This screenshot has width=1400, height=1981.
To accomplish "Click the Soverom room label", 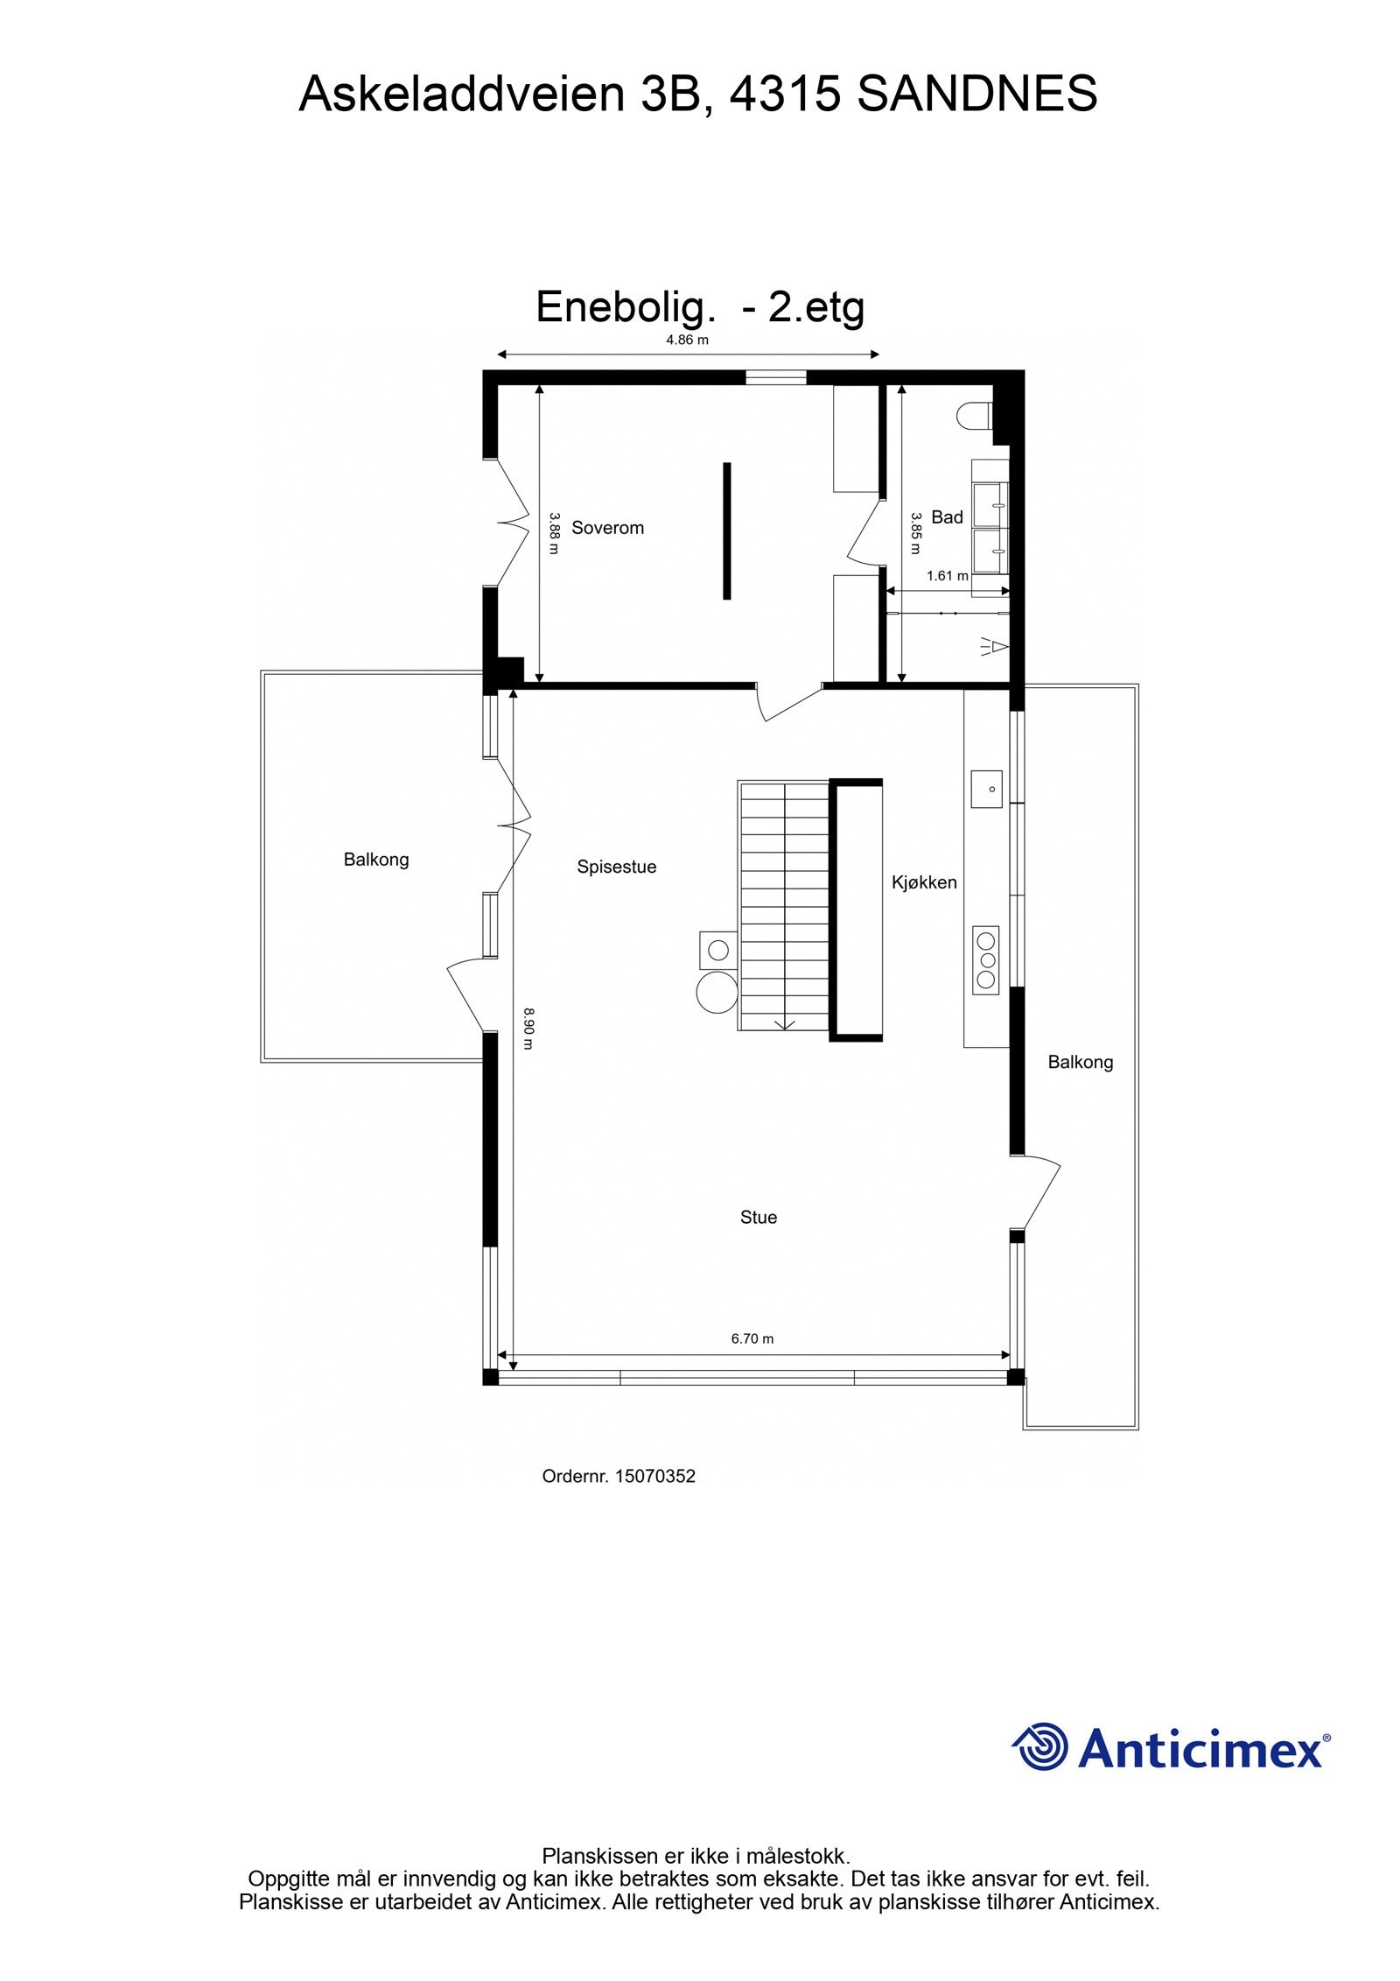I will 607,528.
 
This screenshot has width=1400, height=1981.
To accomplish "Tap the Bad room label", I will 947,517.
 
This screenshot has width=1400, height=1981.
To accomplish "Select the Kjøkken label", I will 924,882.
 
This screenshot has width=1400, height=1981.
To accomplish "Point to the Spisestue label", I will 616,867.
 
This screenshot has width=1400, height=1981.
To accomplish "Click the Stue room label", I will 758,1217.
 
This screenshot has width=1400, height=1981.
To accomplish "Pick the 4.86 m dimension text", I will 687,341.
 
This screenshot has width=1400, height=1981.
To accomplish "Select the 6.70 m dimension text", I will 752,1338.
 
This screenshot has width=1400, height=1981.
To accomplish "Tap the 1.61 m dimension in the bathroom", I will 947,576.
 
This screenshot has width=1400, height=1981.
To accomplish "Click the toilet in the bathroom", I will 973,415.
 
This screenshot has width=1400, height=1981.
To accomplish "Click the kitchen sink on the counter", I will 986,788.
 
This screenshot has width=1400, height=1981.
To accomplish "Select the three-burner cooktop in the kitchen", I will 986,960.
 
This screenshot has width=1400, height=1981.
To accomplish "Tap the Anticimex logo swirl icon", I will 1041,1747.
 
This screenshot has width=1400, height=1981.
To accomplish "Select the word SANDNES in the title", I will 976,94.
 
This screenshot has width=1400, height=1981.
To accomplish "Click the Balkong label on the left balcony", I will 376,860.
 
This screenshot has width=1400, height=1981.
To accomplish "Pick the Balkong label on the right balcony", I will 1081,1062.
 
